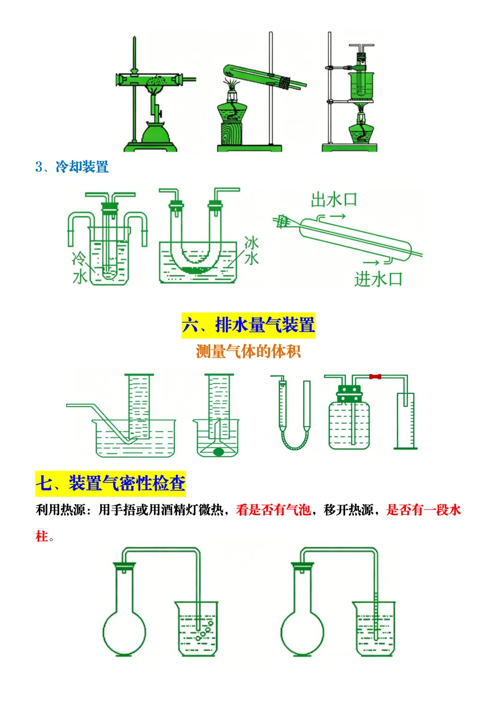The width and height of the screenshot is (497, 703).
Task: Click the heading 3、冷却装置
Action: pos(72,167)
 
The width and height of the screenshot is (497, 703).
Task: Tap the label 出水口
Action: pos(334,200)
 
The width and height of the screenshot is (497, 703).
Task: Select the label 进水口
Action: pos(378,279)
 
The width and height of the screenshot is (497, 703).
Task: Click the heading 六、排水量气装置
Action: pos(248,325)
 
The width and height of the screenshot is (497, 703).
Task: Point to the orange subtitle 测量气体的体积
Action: pos(248,352)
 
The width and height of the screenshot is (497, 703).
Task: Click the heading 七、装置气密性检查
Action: pos(110,483)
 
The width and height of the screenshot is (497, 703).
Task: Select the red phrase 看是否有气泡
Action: pos(273,510)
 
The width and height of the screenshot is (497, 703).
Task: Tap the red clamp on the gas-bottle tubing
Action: pos(375,377)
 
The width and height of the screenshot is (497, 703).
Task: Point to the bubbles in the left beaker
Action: pos(205,631)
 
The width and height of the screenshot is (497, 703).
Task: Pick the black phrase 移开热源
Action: pos(348,510)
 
